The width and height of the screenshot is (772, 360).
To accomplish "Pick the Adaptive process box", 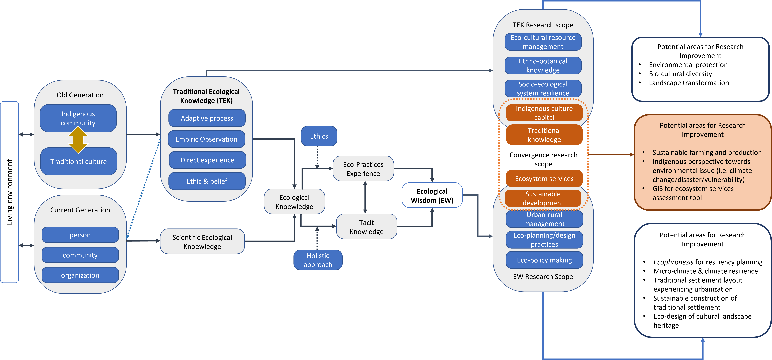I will coord(207,118).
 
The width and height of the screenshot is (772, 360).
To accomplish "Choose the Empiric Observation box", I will coord(206,139).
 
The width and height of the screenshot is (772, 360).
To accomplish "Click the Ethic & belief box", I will coord(207,181).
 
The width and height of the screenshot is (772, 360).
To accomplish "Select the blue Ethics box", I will coord(319,136).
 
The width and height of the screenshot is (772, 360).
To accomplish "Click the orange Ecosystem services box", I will coord(544,179).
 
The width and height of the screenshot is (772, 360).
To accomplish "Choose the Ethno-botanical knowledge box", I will coord(543,66).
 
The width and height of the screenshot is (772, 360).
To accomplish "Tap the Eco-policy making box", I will coord(544,260).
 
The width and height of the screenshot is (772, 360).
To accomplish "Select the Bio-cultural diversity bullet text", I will coord(680,74).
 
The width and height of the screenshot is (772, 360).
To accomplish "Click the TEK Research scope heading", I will coord(543,25).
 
